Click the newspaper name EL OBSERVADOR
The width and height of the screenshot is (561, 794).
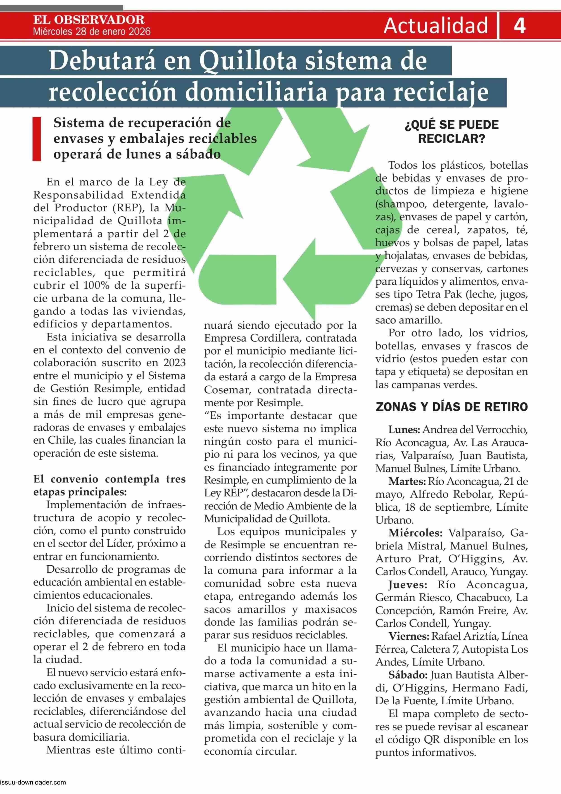pos(89,20)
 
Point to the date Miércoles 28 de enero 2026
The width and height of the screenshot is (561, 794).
pos(92,32)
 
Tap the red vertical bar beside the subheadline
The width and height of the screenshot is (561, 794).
pos(37,139)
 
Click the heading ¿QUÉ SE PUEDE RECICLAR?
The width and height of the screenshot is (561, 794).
pos(452,132)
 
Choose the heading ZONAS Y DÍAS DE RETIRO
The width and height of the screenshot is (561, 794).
pos(452,407)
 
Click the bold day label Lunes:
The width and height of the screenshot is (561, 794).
pos(404,430)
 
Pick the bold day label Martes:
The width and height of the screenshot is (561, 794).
pos(407,481)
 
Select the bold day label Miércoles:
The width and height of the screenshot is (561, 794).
pos(415,533)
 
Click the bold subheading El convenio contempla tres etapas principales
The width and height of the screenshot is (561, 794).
pos(109,485)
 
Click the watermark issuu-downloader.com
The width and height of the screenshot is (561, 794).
pos(33,789)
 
